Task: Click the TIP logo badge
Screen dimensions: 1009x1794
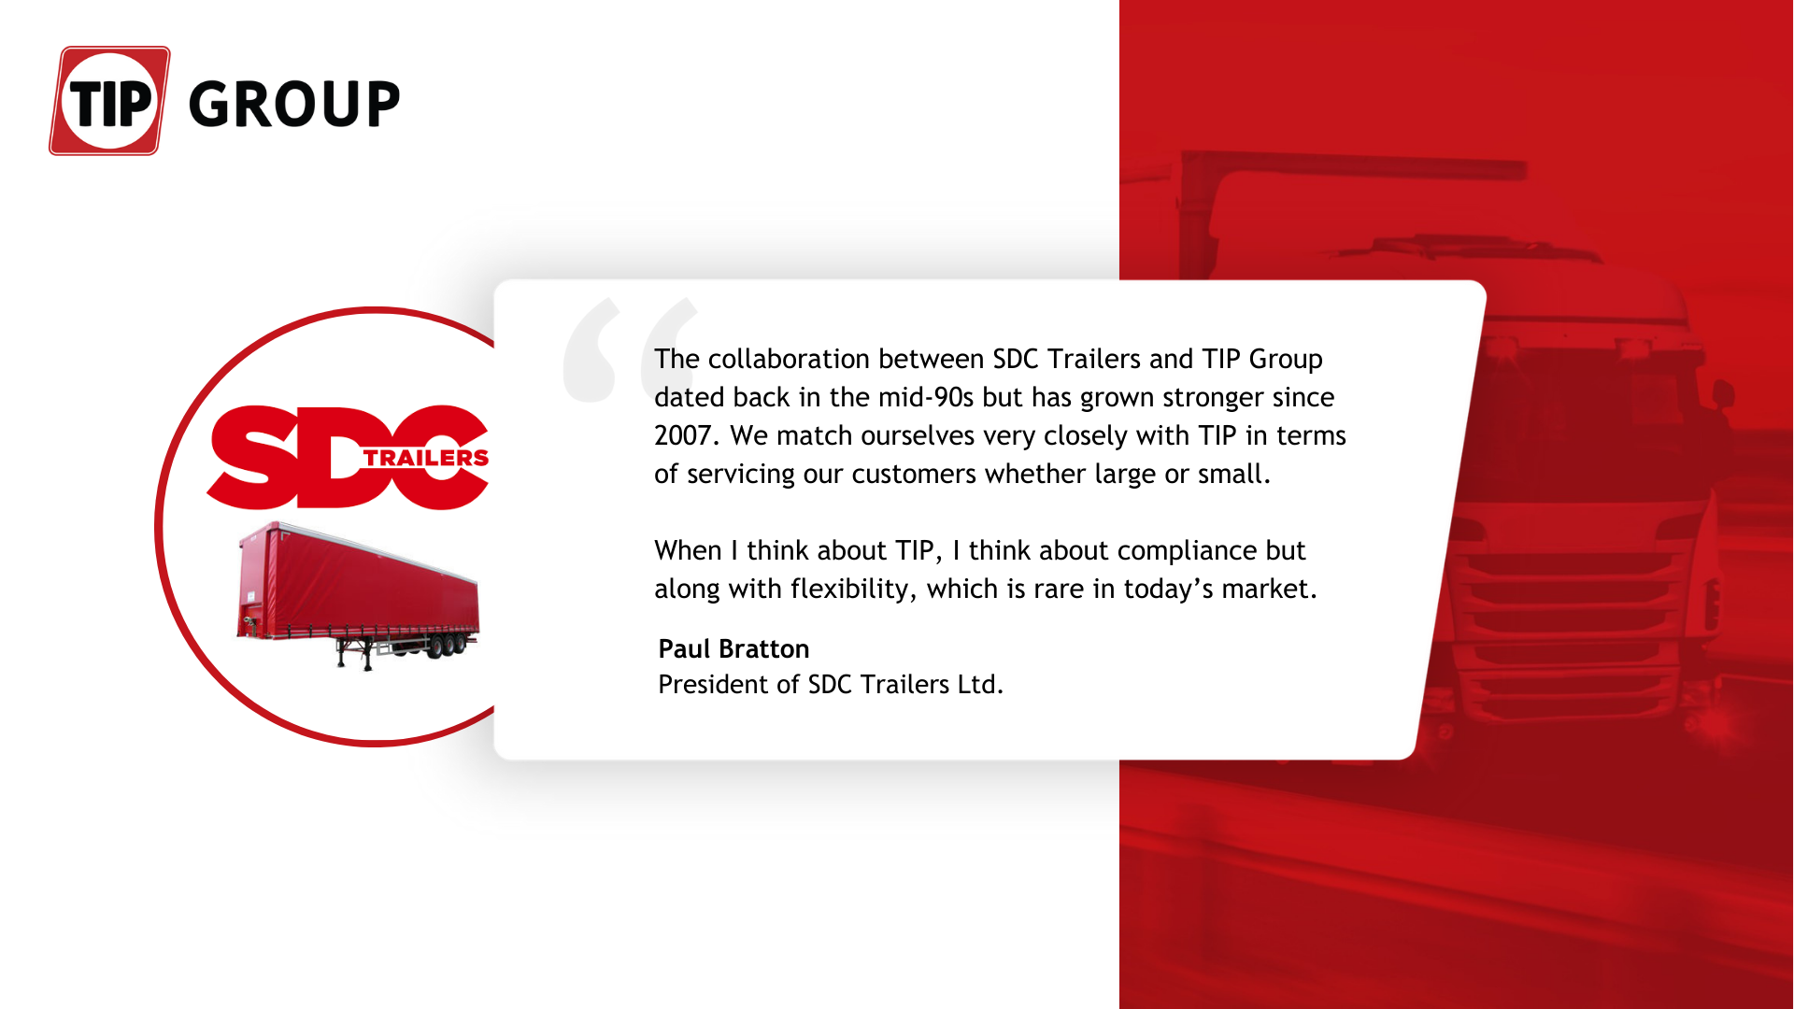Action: [109, 101]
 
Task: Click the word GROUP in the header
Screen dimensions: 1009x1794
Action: [294, 104]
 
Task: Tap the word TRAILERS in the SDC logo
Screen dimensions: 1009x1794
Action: [425, 458]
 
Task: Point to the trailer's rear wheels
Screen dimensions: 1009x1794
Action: [447, 646]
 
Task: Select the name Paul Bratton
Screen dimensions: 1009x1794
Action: [733, 648]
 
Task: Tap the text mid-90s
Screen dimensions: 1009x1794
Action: [925, 398]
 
